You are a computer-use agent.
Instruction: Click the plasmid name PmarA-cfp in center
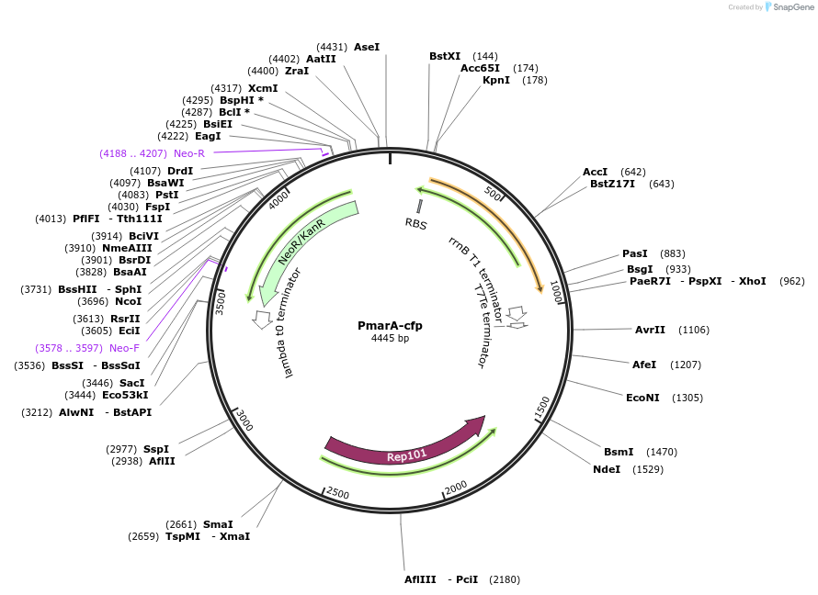click(x=390, y=325)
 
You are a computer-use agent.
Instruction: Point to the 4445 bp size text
click(x=390, y=339)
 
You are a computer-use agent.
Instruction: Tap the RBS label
click(x=416, y=223)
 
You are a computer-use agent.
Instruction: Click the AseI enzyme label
click(x=367, y=46)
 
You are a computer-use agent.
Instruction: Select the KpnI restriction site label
click(x=496, y=80)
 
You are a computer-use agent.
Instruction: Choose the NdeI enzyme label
click(x=607, y=469)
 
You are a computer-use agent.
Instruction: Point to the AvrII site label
click(x=650, y=330)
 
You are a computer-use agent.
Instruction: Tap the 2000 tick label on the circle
click(x=456, y=488)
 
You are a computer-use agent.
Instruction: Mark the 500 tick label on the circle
click(x=494, y=195)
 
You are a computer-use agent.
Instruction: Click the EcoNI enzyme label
click(x=643, y=398)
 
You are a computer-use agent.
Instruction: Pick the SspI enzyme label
click(x=156, y=449)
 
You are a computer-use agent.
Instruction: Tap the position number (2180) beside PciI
click(x=505, y=579)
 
